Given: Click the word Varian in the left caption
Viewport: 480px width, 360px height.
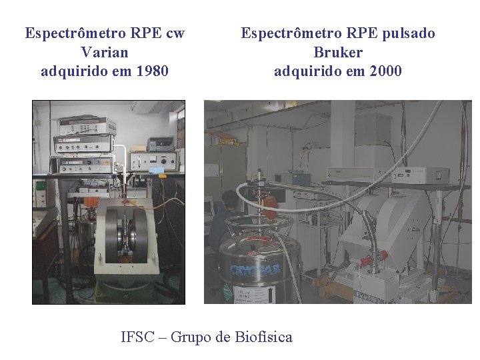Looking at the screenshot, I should (104, 51).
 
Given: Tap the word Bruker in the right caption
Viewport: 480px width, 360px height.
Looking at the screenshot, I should (338, 51).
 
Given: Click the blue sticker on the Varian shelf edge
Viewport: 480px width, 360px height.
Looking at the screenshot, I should (157, 170).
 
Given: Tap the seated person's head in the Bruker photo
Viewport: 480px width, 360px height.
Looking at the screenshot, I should (230, 199).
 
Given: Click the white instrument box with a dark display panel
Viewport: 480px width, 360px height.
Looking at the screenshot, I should (419, 175).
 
